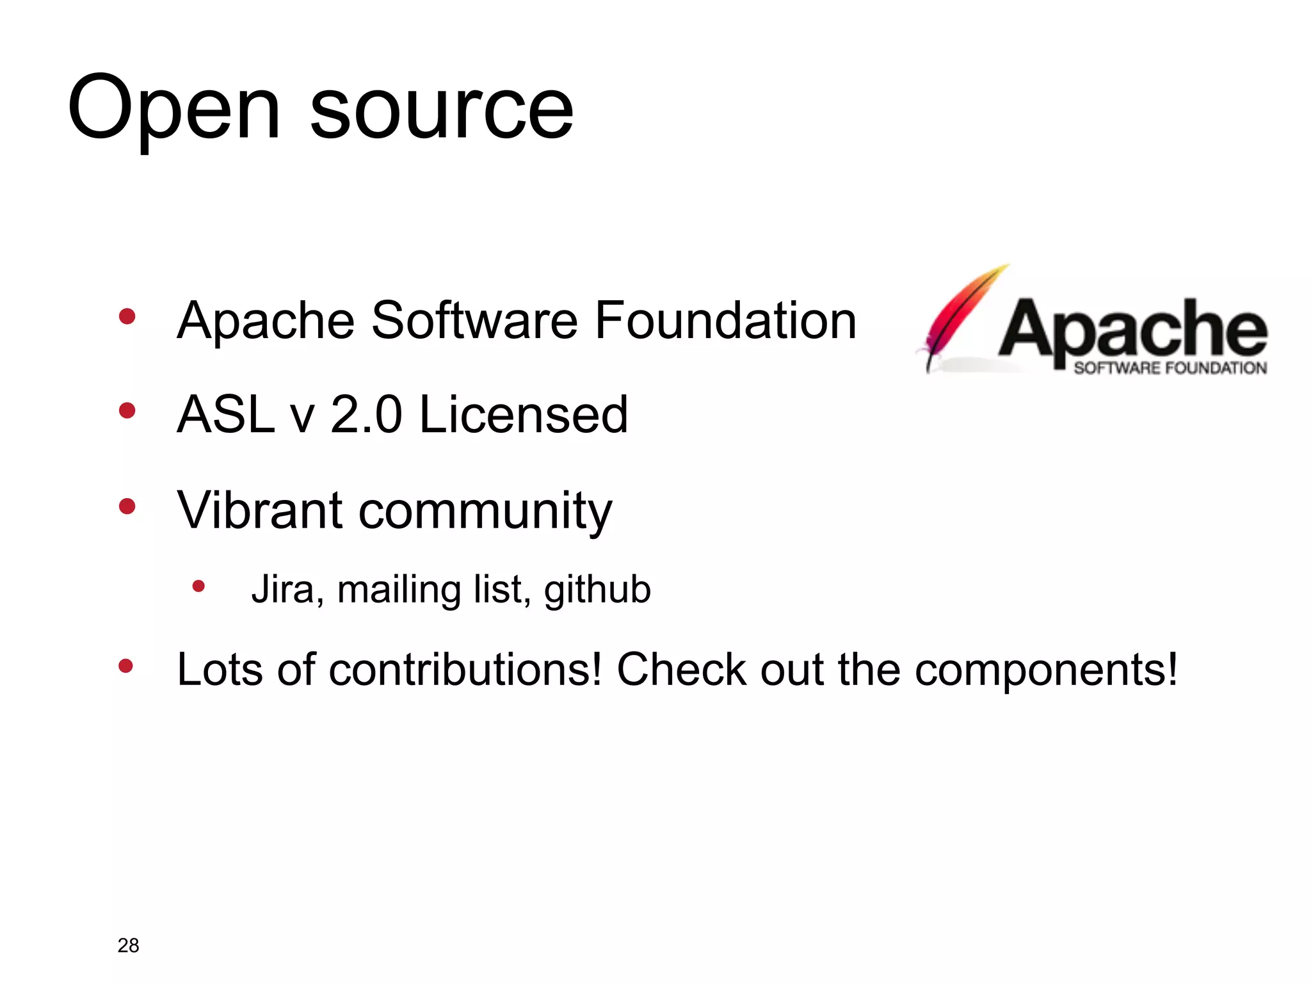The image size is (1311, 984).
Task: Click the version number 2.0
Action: (366, 415)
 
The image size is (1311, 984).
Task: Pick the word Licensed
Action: (523, 415)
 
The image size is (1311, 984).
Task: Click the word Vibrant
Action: (260, 510)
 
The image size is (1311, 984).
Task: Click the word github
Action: (597, 590)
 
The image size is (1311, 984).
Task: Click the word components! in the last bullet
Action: (1046, 671)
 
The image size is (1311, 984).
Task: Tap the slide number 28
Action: (128, 945)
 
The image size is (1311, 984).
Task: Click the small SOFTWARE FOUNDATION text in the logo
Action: (1170, 368)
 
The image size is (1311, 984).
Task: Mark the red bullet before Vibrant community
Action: (127, 506)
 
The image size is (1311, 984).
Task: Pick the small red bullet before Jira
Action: (198, 586)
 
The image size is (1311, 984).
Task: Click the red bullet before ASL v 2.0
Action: (127, 410)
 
